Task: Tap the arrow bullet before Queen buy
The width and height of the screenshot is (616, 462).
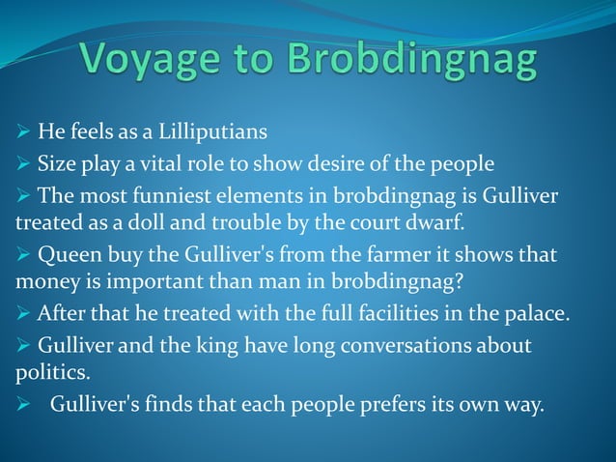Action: [x=22, y=260]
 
